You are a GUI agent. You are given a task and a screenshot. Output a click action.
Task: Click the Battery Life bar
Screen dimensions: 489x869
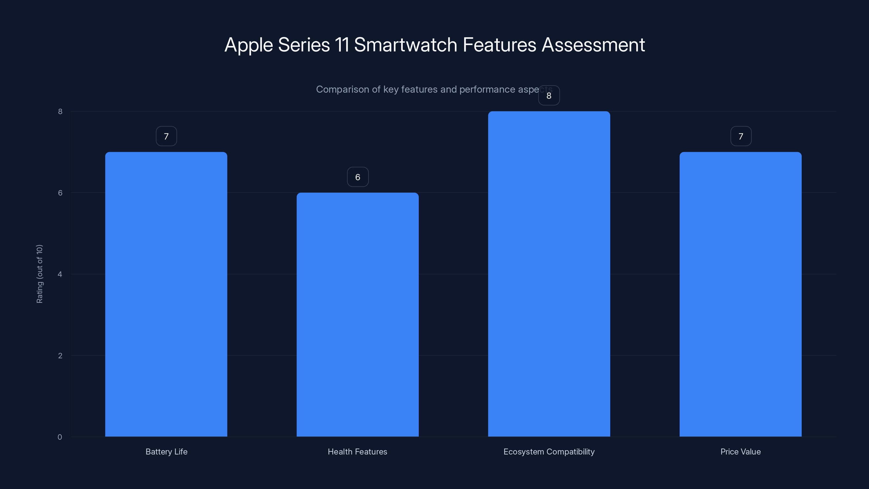tap(166, 294)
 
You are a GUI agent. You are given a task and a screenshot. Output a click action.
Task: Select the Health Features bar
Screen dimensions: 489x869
tap(358, 314)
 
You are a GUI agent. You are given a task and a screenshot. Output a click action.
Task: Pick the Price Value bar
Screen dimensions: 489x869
tap(741, 294)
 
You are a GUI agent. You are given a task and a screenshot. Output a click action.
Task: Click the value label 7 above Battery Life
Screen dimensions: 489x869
tap(166, 136)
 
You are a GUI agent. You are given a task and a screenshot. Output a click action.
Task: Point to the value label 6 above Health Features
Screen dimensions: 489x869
tap(358, 177)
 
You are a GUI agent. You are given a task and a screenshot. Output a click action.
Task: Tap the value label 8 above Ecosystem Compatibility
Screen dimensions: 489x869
tap(549, 96)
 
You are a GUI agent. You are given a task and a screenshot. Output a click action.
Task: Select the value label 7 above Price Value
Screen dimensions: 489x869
tap(741, 136)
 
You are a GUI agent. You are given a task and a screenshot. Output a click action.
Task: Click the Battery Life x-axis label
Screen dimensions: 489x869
tap(166, 452)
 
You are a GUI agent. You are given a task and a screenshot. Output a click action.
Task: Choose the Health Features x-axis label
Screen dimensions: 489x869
tap(358, 452)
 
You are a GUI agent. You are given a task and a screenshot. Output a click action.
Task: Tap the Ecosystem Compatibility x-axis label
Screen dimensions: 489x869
tap(549, 452)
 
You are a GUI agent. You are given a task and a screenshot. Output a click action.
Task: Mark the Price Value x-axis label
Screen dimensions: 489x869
tap(741, 452)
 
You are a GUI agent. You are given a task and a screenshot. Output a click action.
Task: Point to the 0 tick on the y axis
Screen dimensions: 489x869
tap(60, 437)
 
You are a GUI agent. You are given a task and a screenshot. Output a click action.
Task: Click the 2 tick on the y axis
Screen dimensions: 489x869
tap(60, 356)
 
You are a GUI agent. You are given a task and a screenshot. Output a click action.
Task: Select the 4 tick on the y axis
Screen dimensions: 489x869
tap(60, 274)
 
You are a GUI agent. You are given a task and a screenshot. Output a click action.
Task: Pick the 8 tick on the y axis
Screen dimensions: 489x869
tap(60, 112)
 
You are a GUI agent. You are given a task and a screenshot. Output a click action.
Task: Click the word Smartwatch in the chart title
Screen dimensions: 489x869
tap(405, 45)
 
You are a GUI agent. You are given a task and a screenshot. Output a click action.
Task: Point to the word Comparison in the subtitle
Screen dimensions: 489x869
tap(342, 89)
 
